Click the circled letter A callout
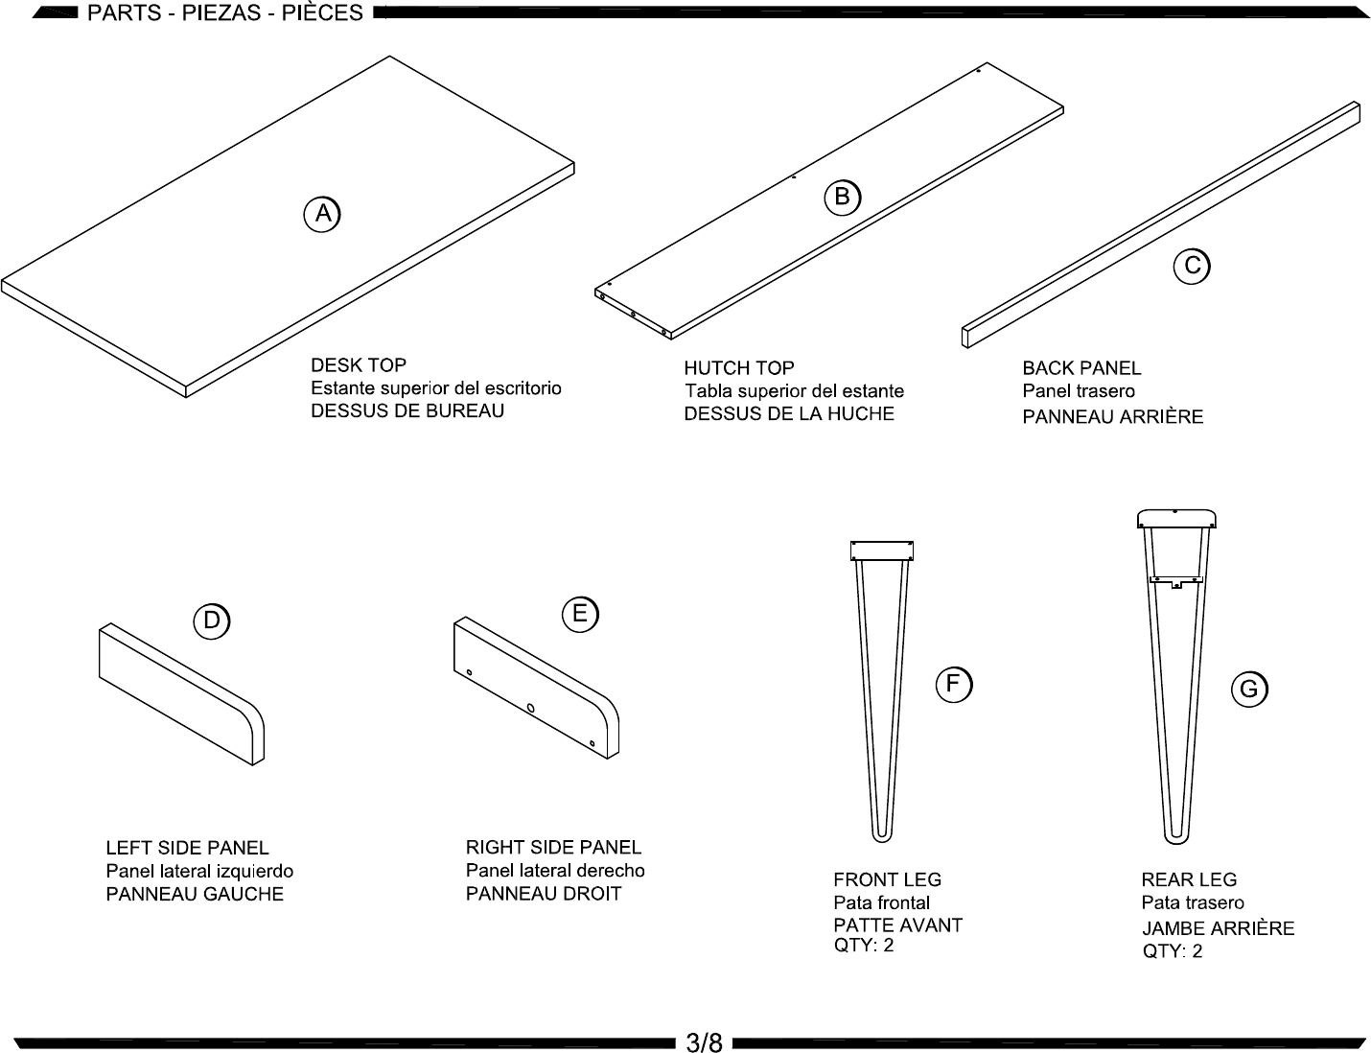(x=322, y=215)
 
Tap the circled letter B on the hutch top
(x=843, y=198)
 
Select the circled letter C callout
(x=1192, y=267)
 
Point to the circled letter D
(x=211, y=620)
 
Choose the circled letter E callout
(x=580, y=614)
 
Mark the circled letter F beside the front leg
(x=953, y=685)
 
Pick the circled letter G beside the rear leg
(x=1249, y=689)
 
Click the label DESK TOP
(x=359, y=365)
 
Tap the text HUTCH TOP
(x=739, y=368)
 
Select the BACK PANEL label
(x=1081, y=368)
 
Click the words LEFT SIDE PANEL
(x=187, y=848)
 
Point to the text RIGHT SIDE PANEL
(x=553, y=847)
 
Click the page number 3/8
(x=704, y=1042)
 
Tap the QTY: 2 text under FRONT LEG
(x=864, y=946)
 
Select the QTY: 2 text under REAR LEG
(x=1173, y=950)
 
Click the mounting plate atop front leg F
(x=881, y=550)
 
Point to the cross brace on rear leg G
(x=1176, y=581)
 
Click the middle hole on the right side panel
(x=530, y=708)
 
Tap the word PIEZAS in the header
(x=221, y=12)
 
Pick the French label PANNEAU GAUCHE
(x=195, y=894)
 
